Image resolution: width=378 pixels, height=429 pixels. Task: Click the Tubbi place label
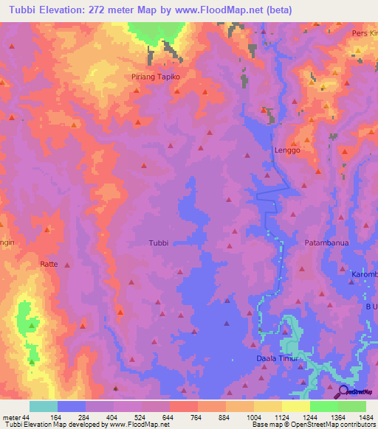(x=159, y=243)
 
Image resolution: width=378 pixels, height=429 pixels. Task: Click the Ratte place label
(x=49, y=262)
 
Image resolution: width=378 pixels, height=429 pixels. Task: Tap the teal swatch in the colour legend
(x=44, y=406)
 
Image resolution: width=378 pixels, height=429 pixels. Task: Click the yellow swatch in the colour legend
(x=295, y=406)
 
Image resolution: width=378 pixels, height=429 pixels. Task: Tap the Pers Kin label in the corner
(x=364, y=33)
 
